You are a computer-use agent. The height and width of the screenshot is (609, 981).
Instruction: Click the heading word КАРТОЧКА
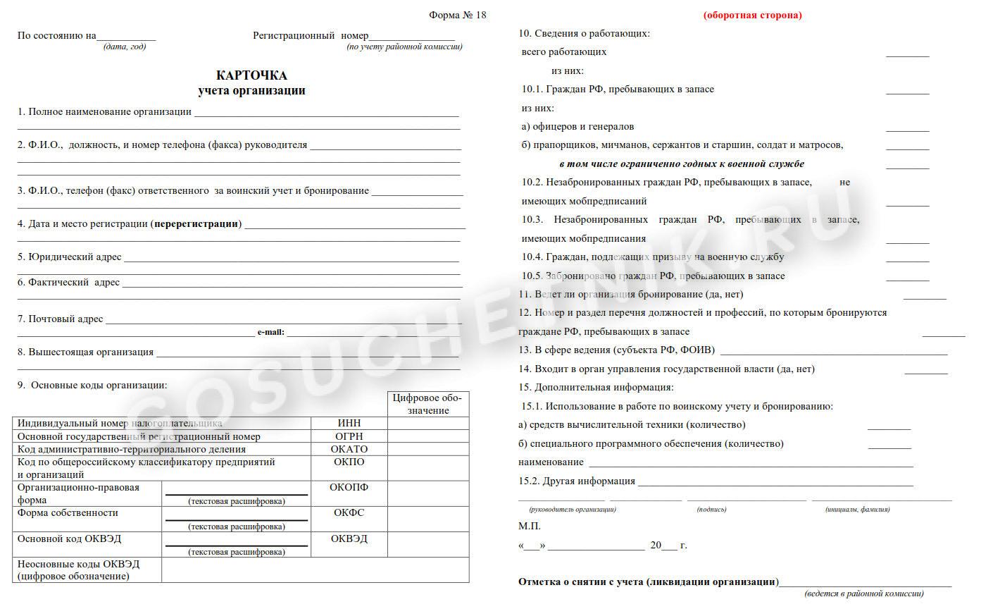(251, 75)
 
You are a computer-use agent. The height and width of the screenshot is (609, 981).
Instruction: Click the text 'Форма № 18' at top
(457, 15)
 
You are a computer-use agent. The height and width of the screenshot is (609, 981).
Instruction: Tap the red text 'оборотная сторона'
(752, 15)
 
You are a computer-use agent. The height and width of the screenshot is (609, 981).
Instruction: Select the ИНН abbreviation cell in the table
(349, 423)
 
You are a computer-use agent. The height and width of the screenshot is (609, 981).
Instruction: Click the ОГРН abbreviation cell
(349, 436)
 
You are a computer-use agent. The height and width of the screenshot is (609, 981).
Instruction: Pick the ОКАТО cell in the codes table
(349, 449)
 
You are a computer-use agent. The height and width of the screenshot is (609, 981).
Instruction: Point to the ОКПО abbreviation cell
(349, 462)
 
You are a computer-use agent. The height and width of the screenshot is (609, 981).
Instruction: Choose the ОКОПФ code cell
(349, 487)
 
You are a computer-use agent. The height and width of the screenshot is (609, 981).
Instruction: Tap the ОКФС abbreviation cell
(349, 513)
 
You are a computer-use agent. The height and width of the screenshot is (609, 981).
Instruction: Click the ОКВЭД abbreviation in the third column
(349, 539)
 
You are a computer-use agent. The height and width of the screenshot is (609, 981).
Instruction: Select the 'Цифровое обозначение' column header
(428, 405)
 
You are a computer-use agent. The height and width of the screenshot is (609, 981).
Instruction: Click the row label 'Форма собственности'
(68, 513)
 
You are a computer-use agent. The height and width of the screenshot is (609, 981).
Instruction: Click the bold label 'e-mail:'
(271, 332)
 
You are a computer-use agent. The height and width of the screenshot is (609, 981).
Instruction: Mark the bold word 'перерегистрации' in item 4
(197, 224)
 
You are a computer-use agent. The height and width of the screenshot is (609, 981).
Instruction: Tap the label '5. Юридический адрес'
(70, 257)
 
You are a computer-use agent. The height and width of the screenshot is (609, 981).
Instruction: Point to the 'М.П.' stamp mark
(530, 526)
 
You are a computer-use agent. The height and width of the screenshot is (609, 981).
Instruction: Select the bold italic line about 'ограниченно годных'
(677, 164)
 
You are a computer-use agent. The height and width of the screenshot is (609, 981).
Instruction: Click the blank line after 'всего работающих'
(907, 54)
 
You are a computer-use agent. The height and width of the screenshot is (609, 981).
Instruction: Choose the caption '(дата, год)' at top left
(125, 47)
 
